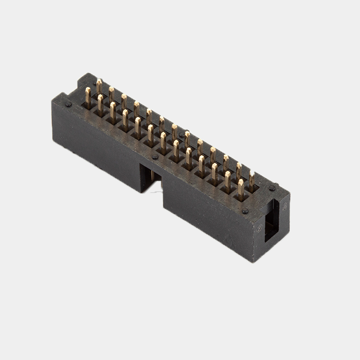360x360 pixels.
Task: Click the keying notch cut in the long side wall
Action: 150,177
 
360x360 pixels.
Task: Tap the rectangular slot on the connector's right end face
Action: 271,220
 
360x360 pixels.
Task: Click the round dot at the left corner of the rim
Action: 68,104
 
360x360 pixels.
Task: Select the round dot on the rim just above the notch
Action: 155,157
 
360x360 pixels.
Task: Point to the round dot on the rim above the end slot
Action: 272,188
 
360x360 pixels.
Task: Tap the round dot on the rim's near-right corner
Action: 245,211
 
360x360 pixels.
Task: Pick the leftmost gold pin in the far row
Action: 99,85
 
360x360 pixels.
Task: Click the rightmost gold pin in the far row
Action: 252,177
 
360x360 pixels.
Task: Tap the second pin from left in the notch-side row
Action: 100,103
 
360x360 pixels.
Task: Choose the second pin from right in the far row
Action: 239,170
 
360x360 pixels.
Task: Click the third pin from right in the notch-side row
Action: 215,171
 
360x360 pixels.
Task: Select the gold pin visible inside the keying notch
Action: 153,175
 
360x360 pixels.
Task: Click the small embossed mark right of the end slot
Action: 284,207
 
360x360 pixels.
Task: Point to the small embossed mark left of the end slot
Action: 260,229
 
